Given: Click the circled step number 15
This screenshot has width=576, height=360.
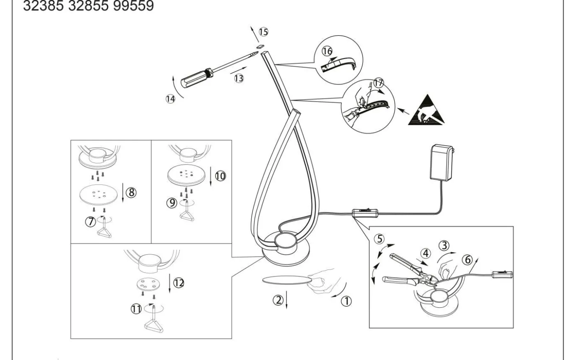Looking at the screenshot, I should click(x=264, y=32).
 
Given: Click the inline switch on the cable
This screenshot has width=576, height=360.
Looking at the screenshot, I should click(x=365, y=214).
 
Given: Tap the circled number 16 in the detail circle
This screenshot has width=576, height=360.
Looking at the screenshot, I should click(x=327, y=51).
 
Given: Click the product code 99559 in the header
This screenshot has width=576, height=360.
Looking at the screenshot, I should click(x=133, y=6).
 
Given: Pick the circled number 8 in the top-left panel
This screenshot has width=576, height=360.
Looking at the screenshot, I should click(x=131, y=192).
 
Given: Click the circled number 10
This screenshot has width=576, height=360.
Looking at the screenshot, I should click(x=221, y=176).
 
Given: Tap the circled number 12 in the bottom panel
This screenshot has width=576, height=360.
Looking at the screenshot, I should click(x=179, y=283).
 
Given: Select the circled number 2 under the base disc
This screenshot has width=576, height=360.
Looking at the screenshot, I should click(x=278, y=300).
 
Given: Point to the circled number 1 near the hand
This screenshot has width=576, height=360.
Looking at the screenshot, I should click(x=346, y=301).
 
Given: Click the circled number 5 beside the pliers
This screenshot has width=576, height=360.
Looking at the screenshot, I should click(x=380, y=239).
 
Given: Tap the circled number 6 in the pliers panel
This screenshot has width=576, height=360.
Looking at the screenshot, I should click(x=467, y=260).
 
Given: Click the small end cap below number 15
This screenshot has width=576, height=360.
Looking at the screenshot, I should click(x=260, y=46).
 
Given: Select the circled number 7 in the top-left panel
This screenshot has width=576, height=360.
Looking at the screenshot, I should click(x=90, y=221).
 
